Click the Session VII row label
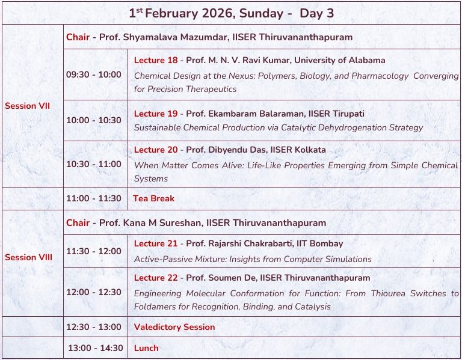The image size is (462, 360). coord(27,106)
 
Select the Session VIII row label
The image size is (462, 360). coord(28,257)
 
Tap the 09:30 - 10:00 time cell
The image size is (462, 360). coord(94,75)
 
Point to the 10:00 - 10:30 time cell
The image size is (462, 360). coord(94,120)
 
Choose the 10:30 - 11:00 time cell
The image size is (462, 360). coord(94,164)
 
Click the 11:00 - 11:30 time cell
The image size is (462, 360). coord(94,198)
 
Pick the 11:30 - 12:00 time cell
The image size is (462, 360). coord(94,251)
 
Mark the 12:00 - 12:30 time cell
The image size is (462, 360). coord(94,292)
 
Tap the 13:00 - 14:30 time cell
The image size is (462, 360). coord(95,348)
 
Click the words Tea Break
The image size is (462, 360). coord(154,198)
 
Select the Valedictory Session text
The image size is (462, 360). coord(174,328)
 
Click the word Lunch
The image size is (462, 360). coord(146,348)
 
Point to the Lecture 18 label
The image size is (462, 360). coord(156,61)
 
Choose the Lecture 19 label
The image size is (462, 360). coord(156,114)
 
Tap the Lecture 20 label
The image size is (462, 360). coord(156,150)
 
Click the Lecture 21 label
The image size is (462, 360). coord(156,243)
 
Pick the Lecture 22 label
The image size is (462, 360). coord(156,278)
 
